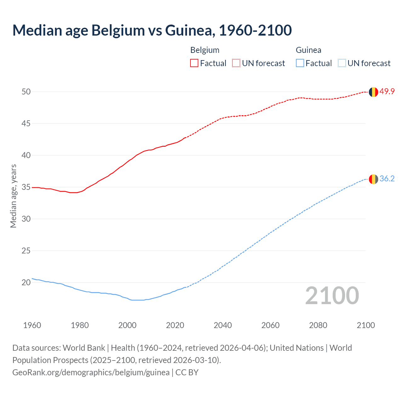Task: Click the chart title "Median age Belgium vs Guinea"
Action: [152, 30]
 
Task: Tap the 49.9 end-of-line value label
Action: [387, 92]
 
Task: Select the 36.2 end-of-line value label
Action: [387, 179]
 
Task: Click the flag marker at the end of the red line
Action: [373, 92]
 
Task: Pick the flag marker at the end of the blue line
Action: [373, 179]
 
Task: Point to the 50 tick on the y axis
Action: [26, 92]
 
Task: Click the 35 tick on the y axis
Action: [26, 187]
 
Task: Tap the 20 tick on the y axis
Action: [26, 282]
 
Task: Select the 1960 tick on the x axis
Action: [32, 325]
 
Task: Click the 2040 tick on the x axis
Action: [223, 325]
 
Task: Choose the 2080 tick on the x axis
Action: [318, 325]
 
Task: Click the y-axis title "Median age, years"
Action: [13, 196]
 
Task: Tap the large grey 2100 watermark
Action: [332, 295]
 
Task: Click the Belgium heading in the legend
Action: [205, 50]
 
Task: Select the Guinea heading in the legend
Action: [308, 50]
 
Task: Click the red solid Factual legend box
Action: [194, 63]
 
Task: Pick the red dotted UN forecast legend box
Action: [236, 63]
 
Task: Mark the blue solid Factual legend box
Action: [300, 63]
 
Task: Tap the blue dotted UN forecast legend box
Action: [342, 63]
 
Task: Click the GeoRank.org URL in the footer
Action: [91, 372]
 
